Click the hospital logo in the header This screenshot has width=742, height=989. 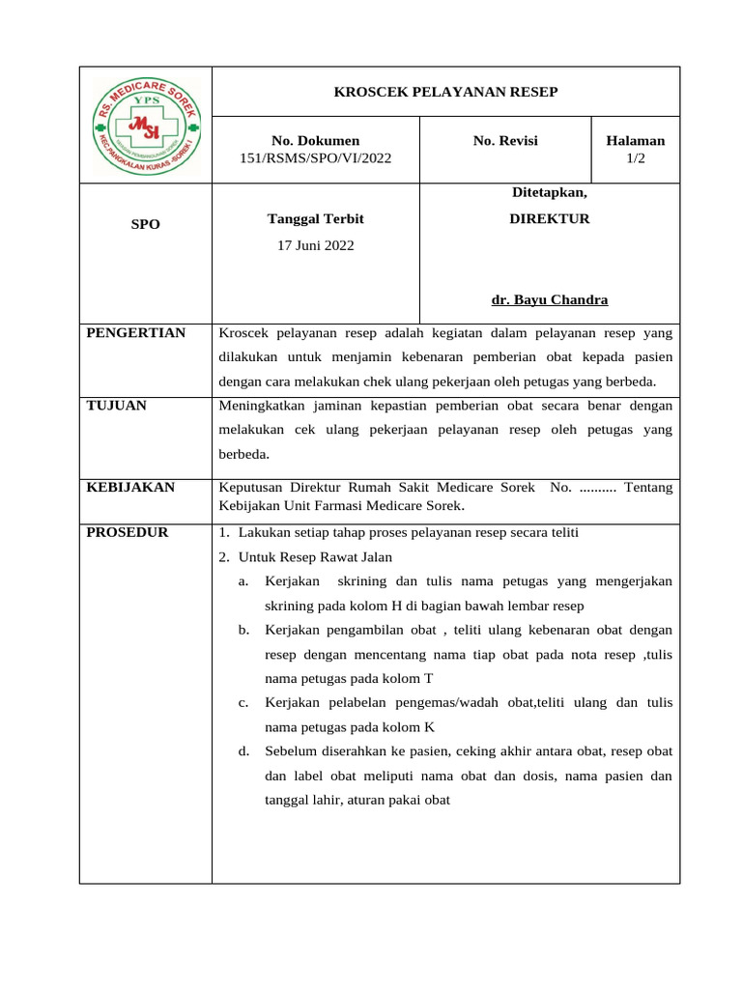coord(146,125)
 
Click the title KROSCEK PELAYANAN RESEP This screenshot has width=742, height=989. coord(445,92)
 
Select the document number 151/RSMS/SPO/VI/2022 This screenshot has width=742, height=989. coord(316,158)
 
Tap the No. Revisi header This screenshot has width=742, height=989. coord(505,141)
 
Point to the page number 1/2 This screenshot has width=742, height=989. coord(635,158)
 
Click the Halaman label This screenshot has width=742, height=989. coord(635,141)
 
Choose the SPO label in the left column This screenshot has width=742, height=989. coord(146,224)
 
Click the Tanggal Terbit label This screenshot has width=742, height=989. coord(316,219)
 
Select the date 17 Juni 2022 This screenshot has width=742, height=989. coord(316,245)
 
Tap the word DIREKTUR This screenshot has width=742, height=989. coord(550,219)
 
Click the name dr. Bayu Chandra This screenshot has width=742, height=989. coord(550,299)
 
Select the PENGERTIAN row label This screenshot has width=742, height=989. coord(135,333)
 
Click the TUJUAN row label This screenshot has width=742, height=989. coord(116,406)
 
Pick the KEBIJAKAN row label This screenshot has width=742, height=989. coord(130,488)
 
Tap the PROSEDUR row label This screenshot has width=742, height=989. coord(127,532)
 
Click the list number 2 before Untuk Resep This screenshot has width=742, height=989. coord(223,557)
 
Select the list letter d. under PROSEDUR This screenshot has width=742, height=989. coord(243,750)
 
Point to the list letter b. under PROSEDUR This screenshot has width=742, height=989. coord(243,631)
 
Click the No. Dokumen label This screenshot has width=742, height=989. coord(316,141)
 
